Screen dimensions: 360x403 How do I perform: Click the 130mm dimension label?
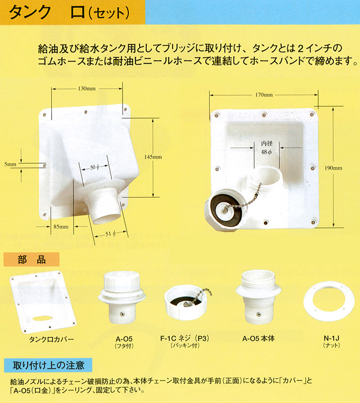tap(87, 89)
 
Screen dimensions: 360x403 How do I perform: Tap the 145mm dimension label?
tap(153, 157)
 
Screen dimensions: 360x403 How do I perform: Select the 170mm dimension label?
tap(264, 95)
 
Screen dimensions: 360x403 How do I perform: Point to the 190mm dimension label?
tap(334, 168)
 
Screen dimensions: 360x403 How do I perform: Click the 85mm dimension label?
tap(61, 227)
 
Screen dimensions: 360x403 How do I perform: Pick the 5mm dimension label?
tap(10, 164)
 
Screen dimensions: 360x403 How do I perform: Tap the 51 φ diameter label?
tap(111, 234)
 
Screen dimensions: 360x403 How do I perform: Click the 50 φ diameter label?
tap(94, 167)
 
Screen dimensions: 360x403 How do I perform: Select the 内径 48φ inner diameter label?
tap(267, 148)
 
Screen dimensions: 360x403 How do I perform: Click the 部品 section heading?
tap(31, 259)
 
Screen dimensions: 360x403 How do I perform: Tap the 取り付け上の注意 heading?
tap(48, 365)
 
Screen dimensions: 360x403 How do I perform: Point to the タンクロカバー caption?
tap(52, 339)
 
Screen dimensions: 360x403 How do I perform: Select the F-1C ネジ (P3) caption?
tap(184, 338)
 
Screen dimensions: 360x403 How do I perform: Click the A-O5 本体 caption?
tap(259, 338)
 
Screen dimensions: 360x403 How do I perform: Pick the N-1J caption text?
tap(331, 338)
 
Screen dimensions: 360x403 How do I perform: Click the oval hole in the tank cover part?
tap(42, 318)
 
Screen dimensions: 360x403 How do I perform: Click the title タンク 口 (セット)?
tap(69, 12)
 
